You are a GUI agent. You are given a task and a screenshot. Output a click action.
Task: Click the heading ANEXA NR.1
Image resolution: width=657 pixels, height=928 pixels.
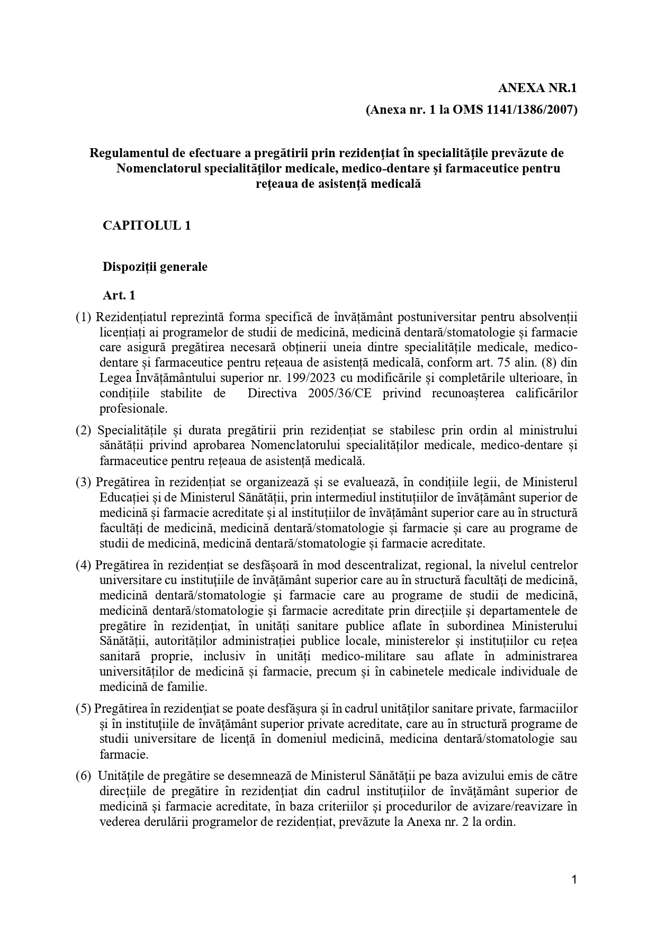click(x=537, y=88)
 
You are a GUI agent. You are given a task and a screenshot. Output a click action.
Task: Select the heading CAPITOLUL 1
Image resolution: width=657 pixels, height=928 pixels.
click(x=147, y=225)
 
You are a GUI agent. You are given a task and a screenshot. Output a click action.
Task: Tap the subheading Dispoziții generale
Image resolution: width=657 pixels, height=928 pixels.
click(x=155, y=266)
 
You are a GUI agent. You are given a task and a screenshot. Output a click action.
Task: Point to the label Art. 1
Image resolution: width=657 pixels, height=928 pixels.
click(x=119, y=295)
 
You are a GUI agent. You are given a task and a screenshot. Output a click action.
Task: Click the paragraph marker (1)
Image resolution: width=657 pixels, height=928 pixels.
click(x=84, y=317)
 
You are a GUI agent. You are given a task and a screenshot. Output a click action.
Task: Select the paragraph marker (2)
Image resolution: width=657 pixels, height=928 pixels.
click(x=84, y=430)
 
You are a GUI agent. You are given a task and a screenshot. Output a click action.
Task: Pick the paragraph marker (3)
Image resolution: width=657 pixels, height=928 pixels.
click(x=84, y=482)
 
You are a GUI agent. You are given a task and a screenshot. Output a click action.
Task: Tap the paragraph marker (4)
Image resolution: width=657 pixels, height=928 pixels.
click(x=84, y=565)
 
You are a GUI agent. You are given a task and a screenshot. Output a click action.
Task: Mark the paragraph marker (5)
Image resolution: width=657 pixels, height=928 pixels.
click(x=84, y=708)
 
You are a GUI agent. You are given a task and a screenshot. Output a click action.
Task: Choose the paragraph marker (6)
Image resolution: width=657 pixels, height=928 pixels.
click(x=84, y=776)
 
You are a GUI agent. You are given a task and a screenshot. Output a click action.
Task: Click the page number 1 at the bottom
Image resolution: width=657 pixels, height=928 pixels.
click(x=574, y=879)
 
